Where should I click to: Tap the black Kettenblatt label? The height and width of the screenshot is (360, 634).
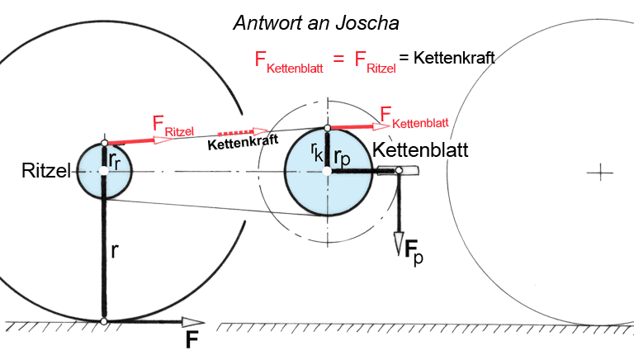pyautogui.click(x=420, y=151)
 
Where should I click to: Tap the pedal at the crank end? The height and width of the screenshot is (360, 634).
pyautogui.click(x=399, y=170)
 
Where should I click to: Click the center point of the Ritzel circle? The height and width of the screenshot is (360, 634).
pyautogui.click(x=104, y=171)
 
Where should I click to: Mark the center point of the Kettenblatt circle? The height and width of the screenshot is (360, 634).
pyautogui.click(x=327, y=170)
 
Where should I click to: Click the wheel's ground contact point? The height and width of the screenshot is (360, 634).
pyautogui.click(x=104, y=320)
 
